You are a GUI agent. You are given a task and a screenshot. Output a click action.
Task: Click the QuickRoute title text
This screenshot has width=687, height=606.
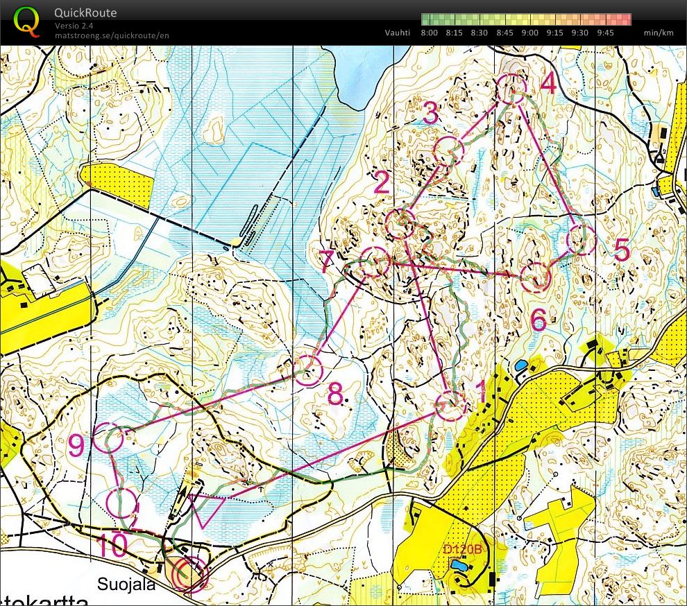click(x=85, y=12)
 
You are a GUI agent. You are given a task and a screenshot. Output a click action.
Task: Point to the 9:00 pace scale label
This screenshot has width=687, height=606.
click(x=529, y=33)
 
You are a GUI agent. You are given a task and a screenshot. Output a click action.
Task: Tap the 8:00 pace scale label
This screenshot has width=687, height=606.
click(x=429, y=33)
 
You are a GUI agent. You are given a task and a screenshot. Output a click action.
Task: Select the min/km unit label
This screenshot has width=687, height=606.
click(x=659, y=33)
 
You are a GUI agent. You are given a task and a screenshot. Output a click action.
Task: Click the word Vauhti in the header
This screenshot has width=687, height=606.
click(x=398, y=33)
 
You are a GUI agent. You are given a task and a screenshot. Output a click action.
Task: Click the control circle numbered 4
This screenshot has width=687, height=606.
click(x=511, y=89)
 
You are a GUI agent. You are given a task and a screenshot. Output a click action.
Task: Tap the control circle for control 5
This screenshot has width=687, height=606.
click(x=582, y=240)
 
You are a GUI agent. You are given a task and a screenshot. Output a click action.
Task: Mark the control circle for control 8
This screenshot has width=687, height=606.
click(x=309, y=371)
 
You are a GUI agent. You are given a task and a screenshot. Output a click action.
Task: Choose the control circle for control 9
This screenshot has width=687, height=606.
click(x=108, y=438)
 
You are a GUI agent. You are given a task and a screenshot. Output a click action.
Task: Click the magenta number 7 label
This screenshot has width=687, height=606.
click(x=328, y=262)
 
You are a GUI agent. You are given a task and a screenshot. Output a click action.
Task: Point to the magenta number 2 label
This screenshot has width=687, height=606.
click(x=381, y=184)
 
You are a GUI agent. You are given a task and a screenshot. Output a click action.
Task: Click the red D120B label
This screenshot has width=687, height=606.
click(x=462, y=550)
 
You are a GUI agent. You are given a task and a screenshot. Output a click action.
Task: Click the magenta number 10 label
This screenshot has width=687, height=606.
click(x=112, y=546)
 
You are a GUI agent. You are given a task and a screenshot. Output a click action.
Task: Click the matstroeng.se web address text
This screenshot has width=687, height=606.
click(x=112, y=35)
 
